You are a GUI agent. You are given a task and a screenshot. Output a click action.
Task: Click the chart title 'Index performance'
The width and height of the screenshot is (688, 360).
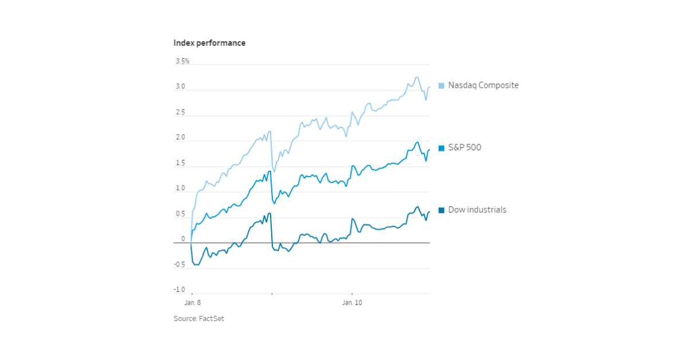coord(209,43)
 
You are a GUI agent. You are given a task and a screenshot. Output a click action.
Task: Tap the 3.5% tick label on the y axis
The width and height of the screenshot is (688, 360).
coord(182,61)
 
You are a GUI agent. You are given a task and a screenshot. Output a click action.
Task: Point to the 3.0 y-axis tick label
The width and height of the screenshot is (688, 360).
coord(180,87)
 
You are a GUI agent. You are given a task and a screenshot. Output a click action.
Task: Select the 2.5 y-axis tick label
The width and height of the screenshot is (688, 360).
coord(180,112)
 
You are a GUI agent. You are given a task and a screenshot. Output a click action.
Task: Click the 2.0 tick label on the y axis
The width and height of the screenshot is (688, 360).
coord(180,138)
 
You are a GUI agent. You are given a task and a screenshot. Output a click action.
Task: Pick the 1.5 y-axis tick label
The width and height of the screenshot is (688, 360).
coord(180,163)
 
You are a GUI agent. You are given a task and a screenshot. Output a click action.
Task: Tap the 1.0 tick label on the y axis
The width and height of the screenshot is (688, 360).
coord(180,189)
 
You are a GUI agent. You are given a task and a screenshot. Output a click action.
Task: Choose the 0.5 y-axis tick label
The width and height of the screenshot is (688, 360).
coord(180,214)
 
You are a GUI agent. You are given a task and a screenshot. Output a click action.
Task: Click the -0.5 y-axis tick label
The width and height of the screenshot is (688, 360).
coord(179,264)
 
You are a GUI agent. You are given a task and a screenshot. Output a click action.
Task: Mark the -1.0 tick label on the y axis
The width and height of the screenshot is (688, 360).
coord(179,289)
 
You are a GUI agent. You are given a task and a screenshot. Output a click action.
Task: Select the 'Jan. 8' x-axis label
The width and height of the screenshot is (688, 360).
coord(193,302)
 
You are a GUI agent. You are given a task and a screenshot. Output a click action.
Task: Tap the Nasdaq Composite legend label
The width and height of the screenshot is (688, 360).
coord(483,85)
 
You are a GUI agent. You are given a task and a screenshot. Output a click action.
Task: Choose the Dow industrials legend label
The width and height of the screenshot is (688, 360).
coord(477,210)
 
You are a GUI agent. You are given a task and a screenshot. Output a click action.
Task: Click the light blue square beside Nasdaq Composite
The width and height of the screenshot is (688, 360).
coord(441,85)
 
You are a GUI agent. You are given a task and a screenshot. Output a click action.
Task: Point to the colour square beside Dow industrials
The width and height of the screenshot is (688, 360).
coord(441,210)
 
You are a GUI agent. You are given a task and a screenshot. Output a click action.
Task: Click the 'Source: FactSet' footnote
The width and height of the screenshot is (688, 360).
coord(199,319)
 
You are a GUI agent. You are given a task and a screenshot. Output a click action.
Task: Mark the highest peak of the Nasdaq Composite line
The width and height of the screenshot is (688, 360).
coord(417,77)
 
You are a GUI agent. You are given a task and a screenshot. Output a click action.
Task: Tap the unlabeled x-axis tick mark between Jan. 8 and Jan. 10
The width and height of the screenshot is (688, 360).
coord(272,295)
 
